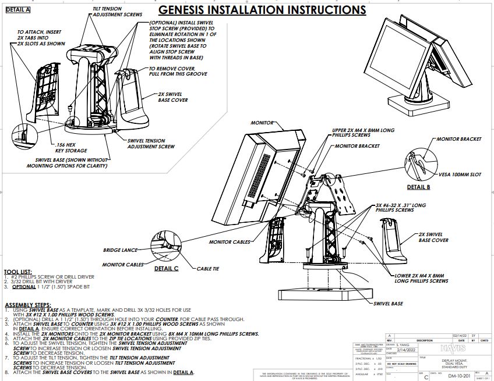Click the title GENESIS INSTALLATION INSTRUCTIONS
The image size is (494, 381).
(262, 10)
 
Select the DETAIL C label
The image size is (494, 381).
(166, 269)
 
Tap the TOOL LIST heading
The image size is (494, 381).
(18, 272)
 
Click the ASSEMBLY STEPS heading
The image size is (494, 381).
(27, 305)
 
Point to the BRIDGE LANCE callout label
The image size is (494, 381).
(120, 250)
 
